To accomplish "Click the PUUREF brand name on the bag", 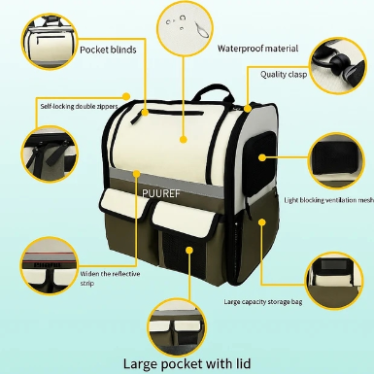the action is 160,193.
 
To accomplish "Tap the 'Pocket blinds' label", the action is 108,50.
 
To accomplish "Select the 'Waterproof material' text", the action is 257,49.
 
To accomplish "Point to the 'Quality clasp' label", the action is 284,75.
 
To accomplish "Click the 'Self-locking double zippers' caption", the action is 79,106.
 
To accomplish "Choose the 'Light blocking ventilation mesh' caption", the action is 329,200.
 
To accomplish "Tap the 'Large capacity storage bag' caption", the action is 263,302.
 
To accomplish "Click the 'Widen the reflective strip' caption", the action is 110,279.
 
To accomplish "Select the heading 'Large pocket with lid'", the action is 187,363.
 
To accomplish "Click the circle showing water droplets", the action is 185,28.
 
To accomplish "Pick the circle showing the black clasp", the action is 338,65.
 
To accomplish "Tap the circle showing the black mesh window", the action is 336,160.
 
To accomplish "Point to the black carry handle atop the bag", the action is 213,92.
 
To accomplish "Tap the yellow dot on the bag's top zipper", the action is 145,113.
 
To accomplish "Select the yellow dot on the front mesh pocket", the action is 189,251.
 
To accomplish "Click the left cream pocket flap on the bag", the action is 124,205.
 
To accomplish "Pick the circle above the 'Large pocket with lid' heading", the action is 177,328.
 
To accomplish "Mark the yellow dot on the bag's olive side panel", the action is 262,222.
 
